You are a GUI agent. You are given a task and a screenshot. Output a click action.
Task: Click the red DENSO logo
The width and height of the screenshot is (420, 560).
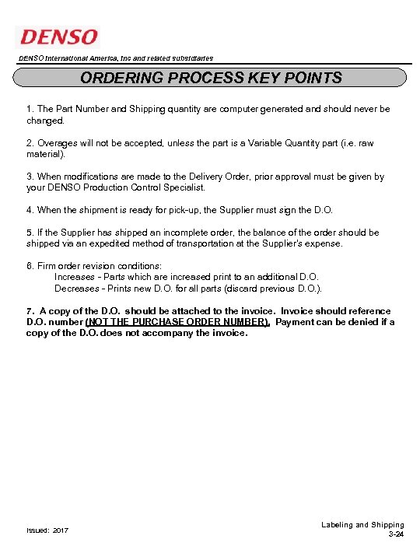coord(58,37)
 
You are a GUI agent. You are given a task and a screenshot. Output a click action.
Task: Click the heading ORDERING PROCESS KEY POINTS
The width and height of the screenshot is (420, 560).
coord(211,78)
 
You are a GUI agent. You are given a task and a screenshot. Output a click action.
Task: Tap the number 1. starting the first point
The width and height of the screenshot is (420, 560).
coord(30,110)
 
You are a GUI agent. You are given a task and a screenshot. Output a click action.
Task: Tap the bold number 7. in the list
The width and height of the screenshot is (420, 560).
coord(30,311)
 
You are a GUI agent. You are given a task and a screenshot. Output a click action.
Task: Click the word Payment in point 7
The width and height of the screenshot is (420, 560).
coord(296,322)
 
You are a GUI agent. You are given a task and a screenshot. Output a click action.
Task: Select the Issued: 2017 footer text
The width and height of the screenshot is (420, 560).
coord(47,530)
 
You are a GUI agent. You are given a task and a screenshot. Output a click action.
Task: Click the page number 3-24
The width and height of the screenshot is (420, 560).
coord(395,536)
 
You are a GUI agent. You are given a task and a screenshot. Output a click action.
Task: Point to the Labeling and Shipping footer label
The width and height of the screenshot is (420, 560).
coord(362,525)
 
